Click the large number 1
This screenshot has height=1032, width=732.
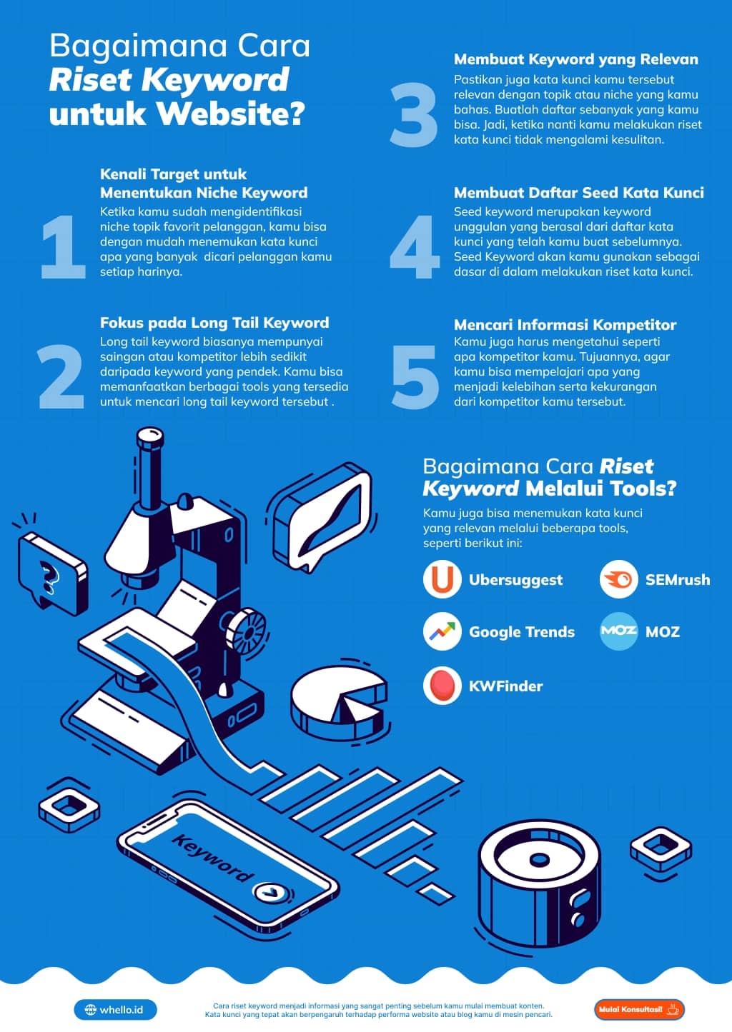(64, 246)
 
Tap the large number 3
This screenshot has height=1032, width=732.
(414, 115)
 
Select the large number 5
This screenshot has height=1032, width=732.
(415, 377)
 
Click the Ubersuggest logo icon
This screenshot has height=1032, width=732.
(442, 579)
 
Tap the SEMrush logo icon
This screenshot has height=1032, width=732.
(618, 579)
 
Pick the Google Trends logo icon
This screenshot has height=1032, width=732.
(442, 631)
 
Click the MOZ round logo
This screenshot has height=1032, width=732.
(618, 631)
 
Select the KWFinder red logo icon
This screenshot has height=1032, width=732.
(442, 686)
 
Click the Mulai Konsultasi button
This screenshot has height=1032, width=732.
(639, 1009)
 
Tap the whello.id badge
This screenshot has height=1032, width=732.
(115, 1010)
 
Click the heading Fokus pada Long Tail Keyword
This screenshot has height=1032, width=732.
(214, 323)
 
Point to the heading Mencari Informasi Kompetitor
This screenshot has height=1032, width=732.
(565, 325)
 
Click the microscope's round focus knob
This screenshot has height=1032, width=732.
(246, 631)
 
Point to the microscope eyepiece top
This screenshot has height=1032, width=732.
(150, 436)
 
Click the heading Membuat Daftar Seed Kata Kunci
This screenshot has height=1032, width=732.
(579, 193)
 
